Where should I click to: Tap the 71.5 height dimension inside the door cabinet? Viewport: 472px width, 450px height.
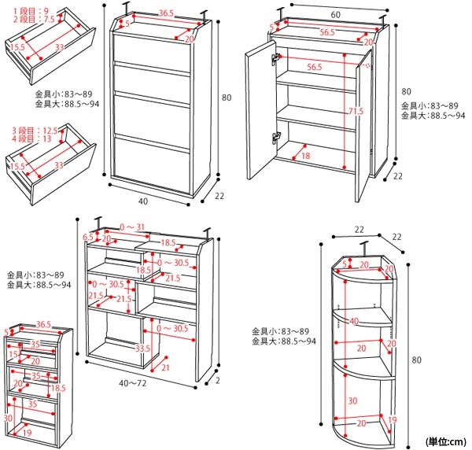click(x=356, y=111)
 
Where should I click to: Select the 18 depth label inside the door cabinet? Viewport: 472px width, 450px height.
click(x=305, y=157)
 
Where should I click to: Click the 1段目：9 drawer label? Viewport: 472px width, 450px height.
click(x=30, y=10)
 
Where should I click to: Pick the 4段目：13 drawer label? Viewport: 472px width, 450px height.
click(x=29, y=139)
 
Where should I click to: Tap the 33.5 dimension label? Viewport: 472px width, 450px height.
click(x=142, y=349)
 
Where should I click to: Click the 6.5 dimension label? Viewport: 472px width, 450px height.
click(x=88, y=237)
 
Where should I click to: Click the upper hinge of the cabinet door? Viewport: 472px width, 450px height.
click(x=276, y=58)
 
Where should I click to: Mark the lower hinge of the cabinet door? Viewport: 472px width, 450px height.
click(x=276, y=137)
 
